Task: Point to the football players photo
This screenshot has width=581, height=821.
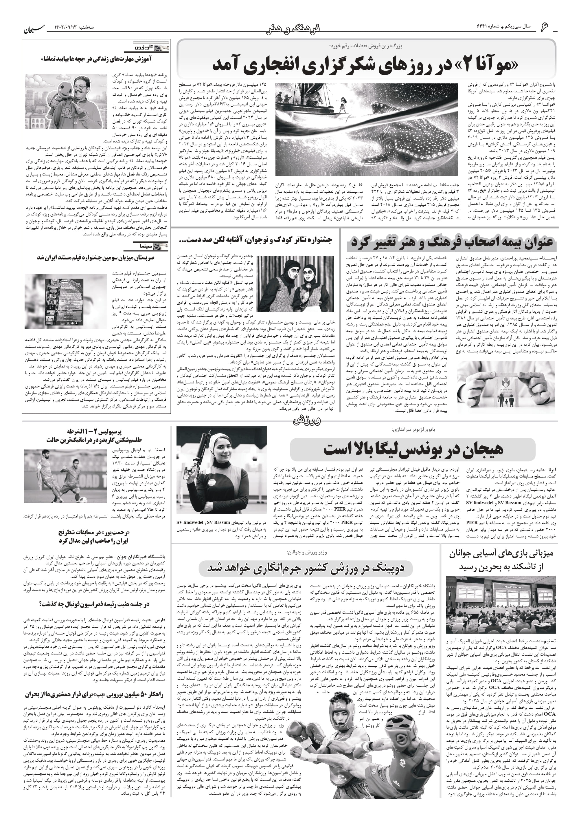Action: click(x=65, y=474)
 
